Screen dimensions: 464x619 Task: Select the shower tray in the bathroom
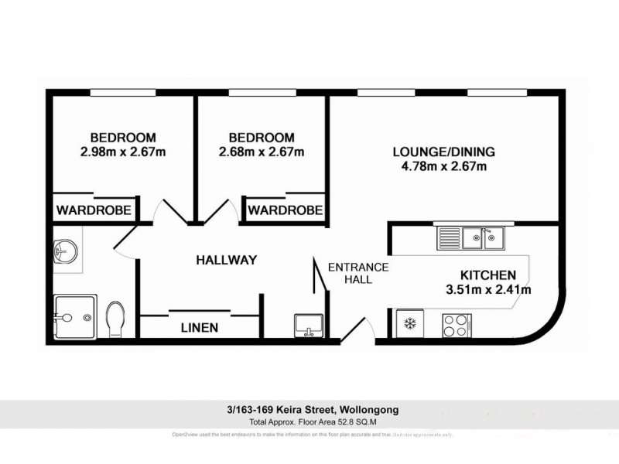point(75,317)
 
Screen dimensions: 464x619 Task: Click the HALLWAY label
point(225,261)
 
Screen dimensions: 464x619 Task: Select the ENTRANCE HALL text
point(357,273)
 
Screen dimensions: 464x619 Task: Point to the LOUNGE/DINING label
point(443,152)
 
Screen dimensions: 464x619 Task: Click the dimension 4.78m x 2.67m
point(443,166)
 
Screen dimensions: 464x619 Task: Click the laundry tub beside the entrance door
point(308,326)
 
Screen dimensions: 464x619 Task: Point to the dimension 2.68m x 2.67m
point(262,152)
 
